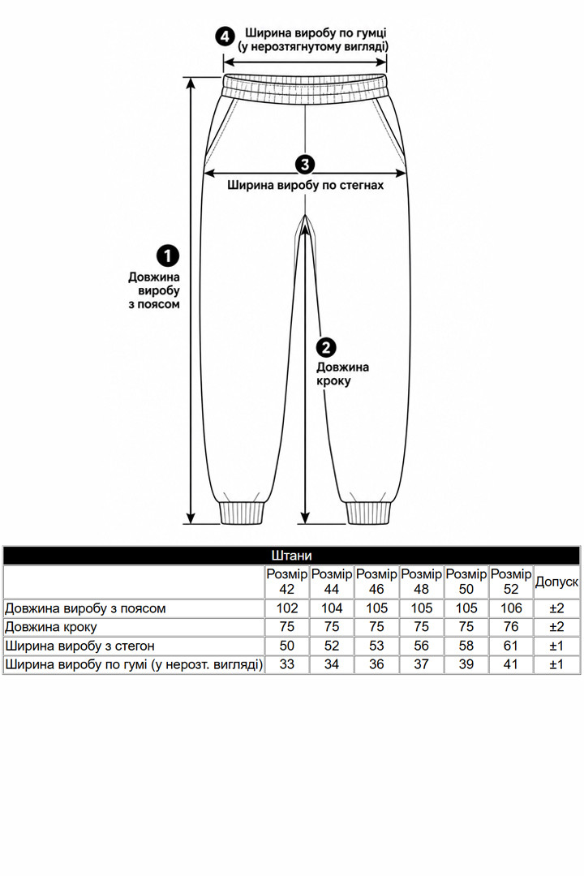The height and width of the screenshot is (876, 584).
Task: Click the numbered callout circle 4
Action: (225, 37)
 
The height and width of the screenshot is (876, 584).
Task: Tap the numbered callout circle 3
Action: (305, 164)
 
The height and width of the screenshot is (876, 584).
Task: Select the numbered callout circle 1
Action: (168, 255)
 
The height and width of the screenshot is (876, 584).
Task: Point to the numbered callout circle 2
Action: (326, 347)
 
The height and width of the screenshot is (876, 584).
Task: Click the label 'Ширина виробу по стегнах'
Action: (306, 185)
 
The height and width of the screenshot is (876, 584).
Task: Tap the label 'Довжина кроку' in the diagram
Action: (342, 374)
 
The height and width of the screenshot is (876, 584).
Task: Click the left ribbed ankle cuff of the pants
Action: (242, 513)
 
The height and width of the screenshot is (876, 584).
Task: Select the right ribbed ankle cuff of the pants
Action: (367, 513)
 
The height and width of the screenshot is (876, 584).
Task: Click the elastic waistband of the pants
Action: (305, 88)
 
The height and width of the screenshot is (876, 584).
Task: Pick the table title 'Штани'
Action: (291, 556)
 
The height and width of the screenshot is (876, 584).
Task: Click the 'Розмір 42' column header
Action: (286, 582)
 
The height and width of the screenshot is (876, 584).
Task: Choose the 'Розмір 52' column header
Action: (511, 582)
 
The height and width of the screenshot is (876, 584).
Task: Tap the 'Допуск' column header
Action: (556, 582)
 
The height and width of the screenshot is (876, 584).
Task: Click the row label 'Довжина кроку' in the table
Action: (51, 627)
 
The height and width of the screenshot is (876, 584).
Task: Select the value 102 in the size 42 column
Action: (286, 608)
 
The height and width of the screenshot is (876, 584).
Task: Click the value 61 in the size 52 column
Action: (511, 646)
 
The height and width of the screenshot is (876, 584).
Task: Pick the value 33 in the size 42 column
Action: (286, 664)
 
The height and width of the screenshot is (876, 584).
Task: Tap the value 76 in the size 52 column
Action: (511, 627)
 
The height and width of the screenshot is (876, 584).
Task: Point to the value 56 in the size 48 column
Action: (422, 646)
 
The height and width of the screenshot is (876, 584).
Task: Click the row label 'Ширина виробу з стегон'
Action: (79, 646)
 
